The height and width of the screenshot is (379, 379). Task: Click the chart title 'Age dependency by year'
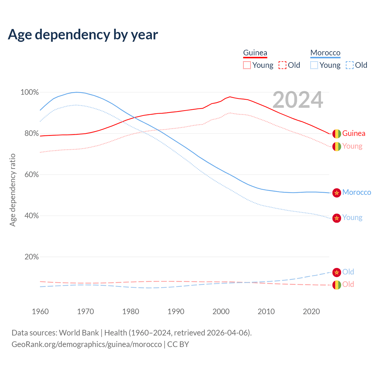(x=83, y=35)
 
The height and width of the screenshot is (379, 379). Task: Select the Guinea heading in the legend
(x=255, y=53)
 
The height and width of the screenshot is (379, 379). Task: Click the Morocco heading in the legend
(x=325, y=53)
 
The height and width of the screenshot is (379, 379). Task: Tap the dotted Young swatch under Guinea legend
(x=247, y=65)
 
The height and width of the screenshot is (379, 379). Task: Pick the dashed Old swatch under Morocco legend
(x=350, y=65)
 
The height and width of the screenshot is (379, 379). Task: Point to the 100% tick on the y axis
(x=30, y=92)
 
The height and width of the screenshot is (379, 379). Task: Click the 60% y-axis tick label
(x=31, y=175)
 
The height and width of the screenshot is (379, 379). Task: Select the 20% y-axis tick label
(x=31, y=257)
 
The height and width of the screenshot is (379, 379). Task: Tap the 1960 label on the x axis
(x=40, y=311)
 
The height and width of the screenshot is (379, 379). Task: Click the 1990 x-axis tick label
(x=176, y=311)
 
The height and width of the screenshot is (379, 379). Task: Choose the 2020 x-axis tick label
(x=311, y=311)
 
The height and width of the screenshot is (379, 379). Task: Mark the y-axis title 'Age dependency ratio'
(x=12, y=190)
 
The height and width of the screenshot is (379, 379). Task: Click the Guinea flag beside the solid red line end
(x=337, y=134)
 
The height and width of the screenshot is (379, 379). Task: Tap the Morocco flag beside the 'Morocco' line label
(x=337, y=193)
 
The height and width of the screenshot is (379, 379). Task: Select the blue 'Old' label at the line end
(x=348, y=272)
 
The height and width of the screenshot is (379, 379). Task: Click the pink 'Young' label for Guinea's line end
(x=352, y=146)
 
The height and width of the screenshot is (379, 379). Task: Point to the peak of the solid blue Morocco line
(x=77, y=92)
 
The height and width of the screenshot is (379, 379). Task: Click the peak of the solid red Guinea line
(x=230, y=97)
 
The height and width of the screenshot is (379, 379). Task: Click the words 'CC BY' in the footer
(x=178, y=344)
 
